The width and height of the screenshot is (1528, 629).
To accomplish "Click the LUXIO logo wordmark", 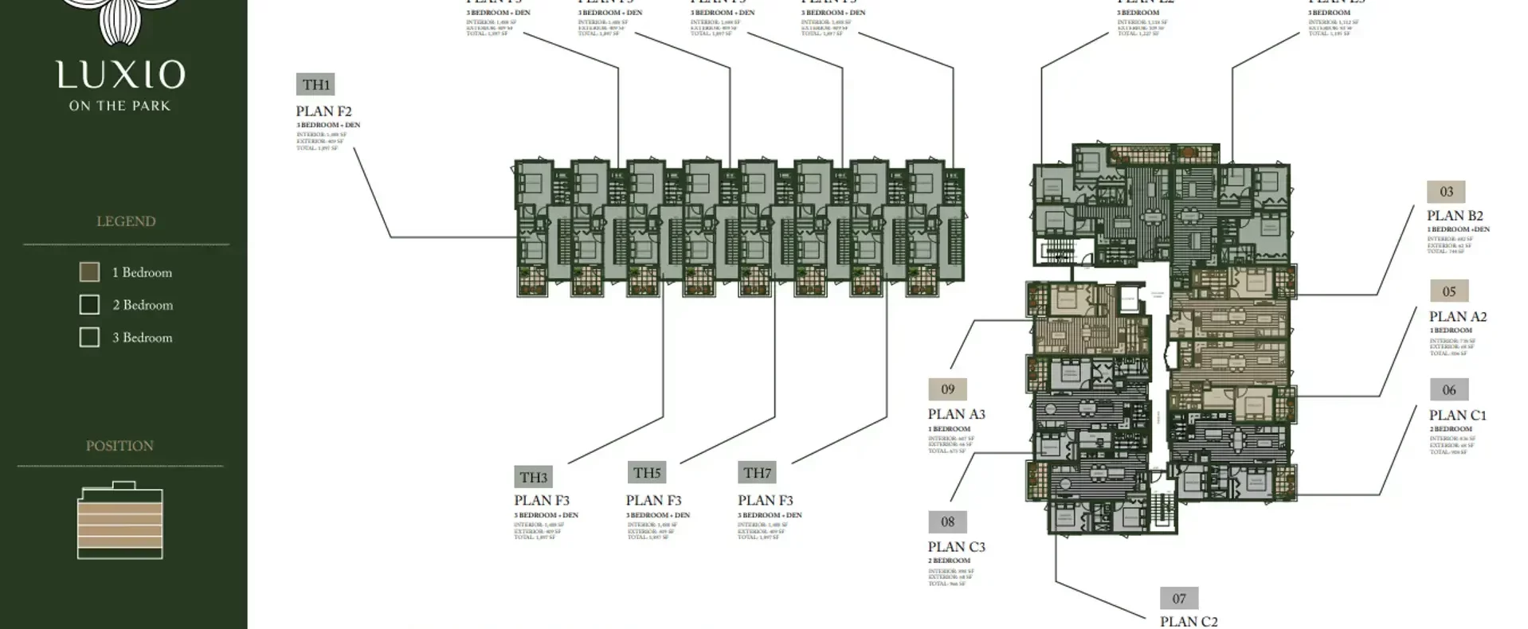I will (120, 75).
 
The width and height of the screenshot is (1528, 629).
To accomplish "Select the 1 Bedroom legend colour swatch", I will (89, 272).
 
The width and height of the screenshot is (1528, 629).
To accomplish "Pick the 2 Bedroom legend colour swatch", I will (89, 305).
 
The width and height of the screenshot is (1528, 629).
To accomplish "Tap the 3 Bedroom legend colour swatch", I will (89, 338).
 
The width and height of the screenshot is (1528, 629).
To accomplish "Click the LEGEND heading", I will (126, 221).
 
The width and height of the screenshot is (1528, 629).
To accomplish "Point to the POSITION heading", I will (119, 446).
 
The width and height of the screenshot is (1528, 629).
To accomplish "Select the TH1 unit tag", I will (315, 84).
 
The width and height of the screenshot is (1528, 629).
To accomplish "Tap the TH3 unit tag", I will (534, 477).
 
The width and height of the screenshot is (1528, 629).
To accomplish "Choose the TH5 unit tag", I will (647, 473).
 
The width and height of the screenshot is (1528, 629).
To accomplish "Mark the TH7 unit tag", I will (757, 473).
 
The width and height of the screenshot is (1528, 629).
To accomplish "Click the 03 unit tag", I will (1446, 192).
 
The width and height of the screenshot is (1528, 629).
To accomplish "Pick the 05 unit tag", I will (1449, 291).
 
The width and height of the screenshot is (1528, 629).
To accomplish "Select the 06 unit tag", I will (1449, 390).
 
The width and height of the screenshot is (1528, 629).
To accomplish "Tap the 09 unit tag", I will (947, 389).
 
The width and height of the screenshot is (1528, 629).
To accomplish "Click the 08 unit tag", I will (947, 522).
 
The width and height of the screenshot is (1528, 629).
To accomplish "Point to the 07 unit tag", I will (1179, 599).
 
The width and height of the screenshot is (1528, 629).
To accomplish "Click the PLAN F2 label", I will (323, 111).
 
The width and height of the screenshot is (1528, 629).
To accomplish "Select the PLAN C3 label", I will (956, 547).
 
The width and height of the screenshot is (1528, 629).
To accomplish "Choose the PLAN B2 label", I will (1455, 216).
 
